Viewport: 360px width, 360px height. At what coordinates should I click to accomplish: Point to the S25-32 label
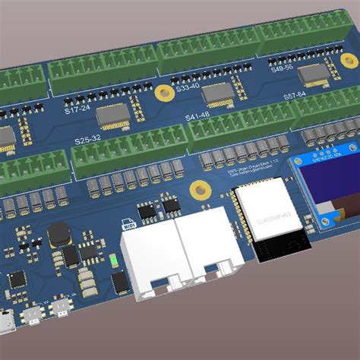pyautogui.click(x=88, y=140)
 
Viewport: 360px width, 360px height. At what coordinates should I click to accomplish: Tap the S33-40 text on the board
pyautogui.click(x=188, y=87)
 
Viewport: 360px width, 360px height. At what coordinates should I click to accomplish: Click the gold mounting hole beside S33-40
pyautogui.click(x=162, y=93)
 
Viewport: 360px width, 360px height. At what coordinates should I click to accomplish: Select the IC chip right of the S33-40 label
pyautogui.click(x=218, y=92)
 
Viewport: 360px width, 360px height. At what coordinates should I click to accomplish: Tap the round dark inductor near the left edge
pyautogui.click(x=58, y=235)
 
